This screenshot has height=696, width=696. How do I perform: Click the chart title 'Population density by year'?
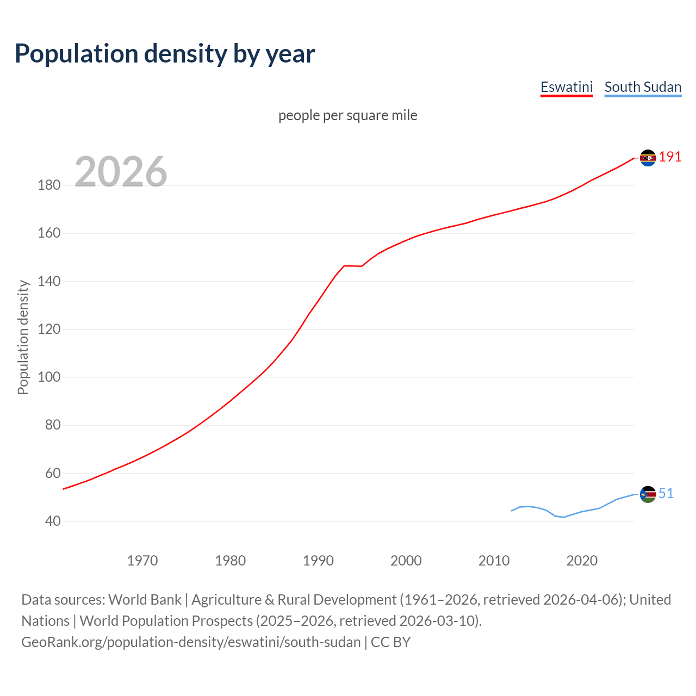(x=165, y=54)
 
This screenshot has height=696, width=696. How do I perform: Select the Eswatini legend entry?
(x=566, y=87)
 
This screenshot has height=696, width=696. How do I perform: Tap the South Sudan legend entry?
(x=643, y=87)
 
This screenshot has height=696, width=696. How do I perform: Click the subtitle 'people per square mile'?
(x=347, y=115)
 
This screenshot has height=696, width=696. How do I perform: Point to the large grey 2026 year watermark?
(x=121, y=172)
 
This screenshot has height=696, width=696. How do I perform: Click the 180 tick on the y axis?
(x=49, y=185)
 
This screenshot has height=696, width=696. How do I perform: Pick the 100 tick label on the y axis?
(x=49, y=377)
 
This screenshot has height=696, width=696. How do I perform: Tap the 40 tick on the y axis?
(x=53, y=521)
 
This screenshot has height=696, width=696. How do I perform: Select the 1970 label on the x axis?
(x=142, y=561)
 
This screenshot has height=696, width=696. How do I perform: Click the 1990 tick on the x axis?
(x=318, y=561)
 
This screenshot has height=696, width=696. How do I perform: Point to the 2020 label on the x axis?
(x=582, y=561)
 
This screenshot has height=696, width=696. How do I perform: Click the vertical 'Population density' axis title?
(x=23, y=337)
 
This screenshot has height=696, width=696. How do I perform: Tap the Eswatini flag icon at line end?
(x=648, y=158)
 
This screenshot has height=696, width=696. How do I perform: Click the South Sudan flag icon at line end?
(x=648, y=494)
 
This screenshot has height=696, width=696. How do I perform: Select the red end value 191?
(x=670, y=157)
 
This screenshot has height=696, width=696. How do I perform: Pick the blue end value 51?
(x=666, y=493)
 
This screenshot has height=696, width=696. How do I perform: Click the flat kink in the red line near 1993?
(x=352, y=266)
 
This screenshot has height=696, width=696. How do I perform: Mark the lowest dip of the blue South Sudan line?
(x=564, y=517)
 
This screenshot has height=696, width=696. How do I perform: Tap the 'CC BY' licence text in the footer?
(x=390, y=642)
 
